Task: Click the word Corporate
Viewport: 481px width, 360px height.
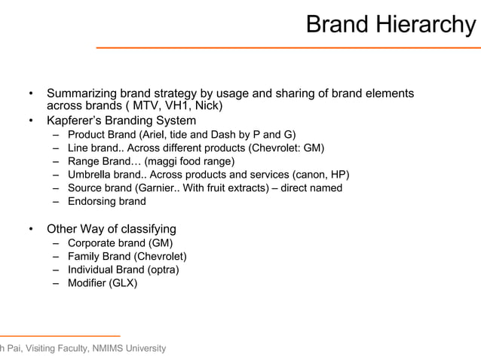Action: (x=93, y=243)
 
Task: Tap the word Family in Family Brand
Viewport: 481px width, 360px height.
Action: (x=84, y=256)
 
